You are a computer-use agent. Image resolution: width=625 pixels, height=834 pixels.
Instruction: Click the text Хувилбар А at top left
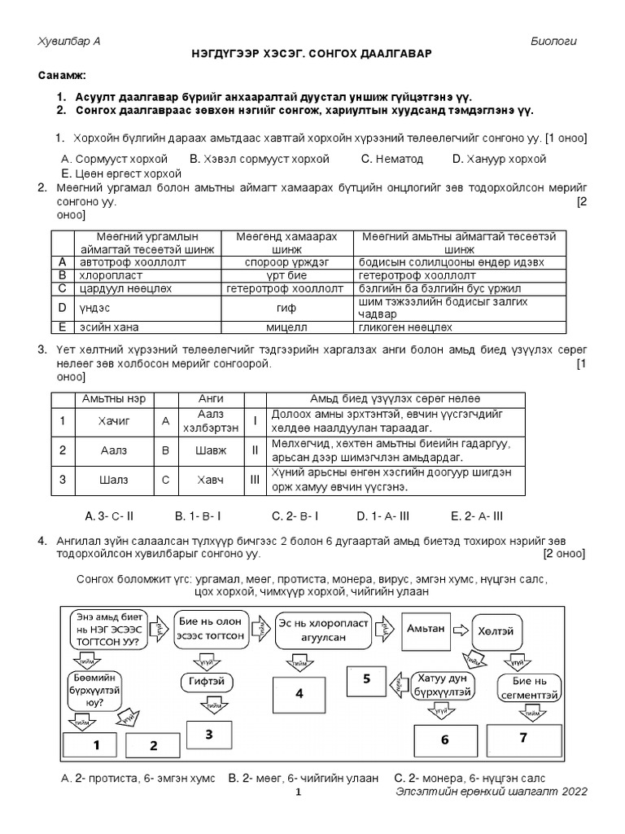point(70,42)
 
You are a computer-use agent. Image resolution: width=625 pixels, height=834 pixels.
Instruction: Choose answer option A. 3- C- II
point(109,516)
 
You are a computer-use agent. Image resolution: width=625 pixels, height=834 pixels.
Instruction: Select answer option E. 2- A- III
point(477,516)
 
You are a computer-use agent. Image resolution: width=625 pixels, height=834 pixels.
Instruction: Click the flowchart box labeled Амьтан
point(425,629)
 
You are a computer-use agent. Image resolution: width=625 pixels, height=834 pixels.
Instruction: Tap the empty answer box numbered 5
point(366,678)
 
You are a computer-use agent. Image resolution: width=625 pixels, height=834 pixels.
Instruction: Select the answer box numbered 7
point(523,740)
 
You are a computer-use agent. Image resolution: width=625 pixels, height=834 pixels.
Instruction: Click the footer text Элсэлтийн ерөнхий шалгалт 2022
point(491,792)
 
